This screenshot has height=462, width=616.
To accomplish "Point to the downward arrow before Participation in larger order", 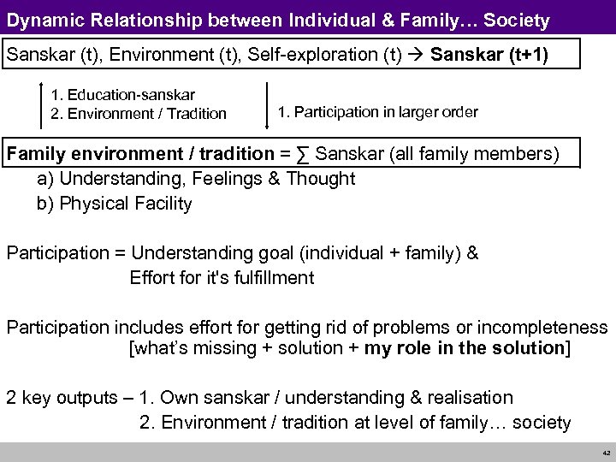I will click(x=267, y=107).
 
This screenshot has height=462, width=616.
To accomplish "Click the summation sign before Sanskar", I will click(x=303, y=154).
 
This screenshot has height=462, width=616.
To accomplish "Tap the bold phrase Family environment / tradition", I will click(x=145, y=154).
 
